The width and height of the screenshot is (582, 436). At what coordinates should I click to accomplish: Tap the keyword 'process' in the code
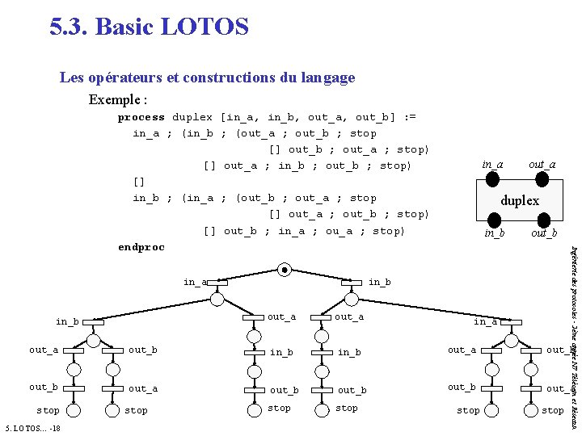141,117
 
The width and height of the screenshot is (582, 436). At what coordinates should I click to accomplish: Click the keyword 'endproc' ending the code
141,246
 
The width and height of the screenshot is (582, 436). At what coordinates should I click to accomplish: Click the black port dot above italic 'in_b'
492,220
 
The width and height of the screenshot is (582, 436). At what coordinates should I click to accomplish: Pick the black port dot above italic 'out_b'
543,220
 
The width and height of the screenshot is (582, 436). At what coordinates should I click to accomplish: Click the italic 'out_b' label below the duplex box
543,234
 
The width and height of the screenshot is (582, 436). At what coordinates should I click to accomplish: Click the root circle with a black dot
285,270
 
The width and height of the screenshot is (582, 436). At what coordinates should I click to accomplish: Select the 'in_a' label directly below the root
194,282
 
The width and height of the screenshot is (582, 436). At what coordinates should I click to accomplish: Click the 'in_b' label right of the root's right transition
379,282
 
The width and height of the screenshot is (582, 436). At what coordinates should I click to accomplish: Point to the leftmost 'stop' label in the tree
48,411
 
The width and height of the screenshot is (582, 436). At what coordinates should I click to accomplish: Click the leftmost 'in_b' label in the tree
67,321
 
